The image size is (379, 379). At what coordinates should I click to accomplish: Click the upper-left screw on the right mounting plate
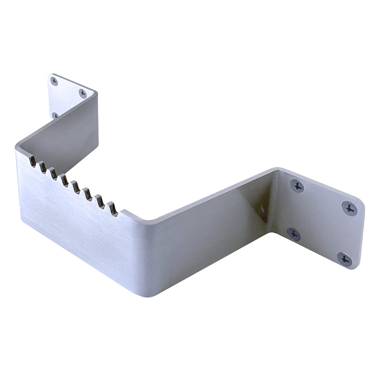click(x=298, y=186)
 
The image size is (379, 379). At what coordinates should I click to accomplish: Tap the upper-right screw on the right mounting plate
click(x=349, y=208)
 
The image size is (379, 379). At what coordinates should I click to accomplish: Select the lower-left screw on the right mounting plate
click(x=293, y=234)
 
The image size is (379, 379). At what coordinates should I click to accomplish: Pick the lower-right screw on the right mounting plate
click(x=344, y=259)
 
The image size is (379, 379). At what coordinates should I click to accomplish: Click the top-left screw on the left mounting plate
click(x=54, y=81)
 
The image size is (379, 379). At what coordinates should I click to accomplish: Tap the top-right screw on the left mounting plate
click(x=83, y=93)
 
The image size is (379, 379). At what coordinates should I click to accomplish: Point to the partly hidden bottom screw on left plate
click(x=55, y=115)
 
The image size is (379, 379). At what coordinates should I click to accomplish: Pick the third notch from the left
click(x=53, y=173)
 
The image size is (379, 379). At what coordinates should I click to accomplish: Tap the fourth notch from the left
click(x=64, y=180)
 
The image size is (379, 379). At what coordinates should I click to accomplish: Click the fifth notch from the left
click(x=75, y=187)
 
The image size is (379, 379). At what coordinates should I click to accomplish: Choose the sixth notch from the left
click(x=87, y=194)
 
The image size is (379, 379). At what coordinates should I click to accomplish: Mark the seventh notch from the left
click(x=99, y=201)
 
